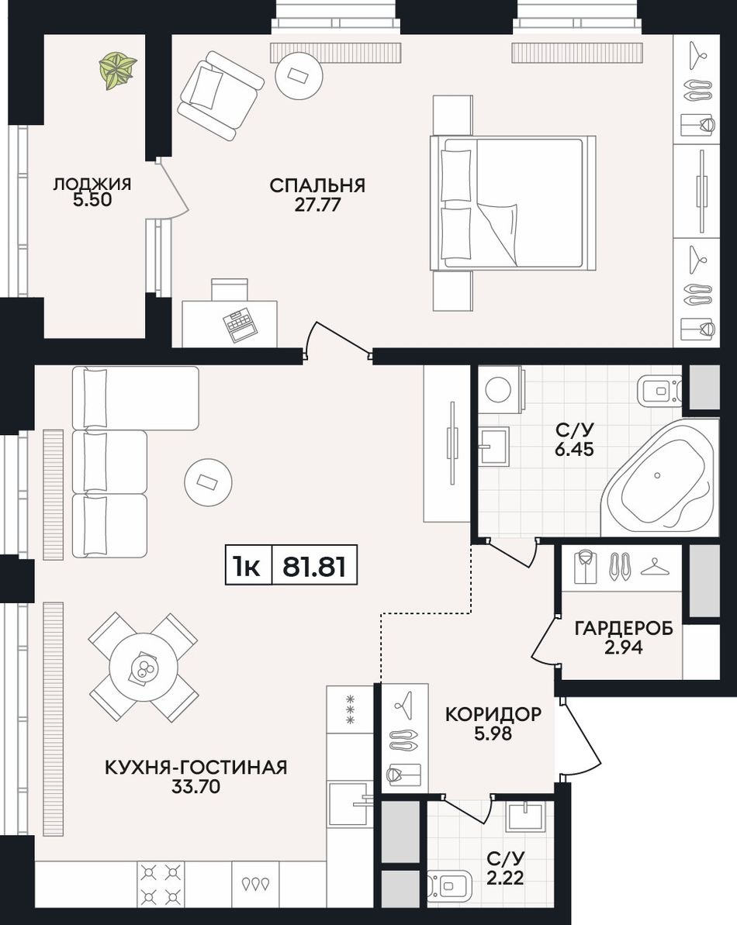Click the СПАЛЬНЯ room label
tap(317, 185)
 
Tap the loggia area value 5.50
tap(92, 200)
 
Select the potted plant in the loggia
tap(118, 71)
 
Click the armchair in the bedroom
tap(220, 95)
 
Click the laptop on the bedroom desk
tap(239, 325)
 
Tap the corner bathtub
tap(659, 478)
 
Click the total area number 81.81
tap(314, 566)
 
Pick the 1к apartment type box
tap(248, 566)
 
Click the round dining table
tap(144, 668)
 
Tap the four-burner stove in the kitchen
tap(161, 882)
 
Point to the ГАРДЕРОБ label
tap(624, 628)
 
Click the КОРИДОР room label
tap(493, 714)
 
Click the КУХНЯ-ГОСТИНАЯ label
tap(196, 768)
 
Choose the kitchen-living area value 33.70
tap(196, 786)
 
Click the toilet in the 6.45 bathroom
tap(659, 390)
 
